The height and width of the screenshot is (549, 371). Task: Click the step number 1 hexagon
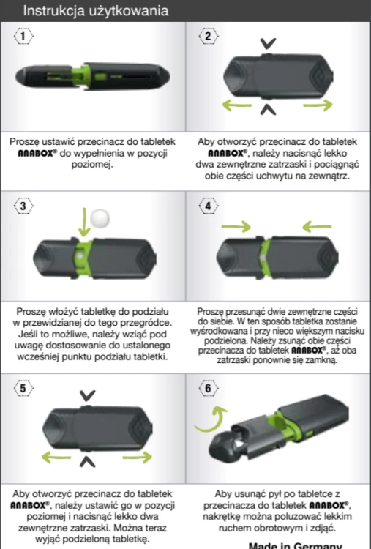click(23, 36)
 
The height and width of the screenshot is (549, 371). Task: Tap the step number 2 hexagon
click(209, 36)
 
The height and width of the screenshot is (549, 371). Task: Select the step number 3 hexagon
click(23, 206)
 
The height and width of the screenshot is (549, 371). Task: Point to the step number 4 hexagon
click(209, 206)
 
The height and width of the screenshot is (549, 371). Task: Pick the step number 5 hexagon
click(23, 388)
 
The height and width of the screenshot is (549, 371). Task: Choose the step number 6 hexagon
click(209, 388)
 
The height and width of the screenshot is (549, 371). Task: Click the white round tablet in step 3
click(100, 218)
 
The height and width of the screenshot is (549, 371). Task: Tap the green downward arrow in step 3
click(84, 222)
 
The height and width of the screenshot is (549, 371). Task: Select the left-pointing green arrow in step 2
click(237, 105)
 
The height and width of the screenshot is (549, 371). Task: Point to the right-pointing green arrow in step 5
click(137, 457)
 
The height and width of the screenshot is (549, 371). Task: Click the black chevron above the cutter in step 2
click(268, 43)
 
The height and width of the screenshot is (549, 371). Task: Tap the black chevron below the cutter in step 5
click(88, 462)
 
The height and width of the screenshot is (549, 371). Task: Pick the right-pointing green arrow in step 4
click(236, 227)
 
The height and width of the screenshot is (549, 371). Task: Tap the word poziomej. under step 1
click(92, 164)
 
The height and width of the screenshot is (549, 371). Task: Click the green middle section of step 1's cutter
click(81, 77)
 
